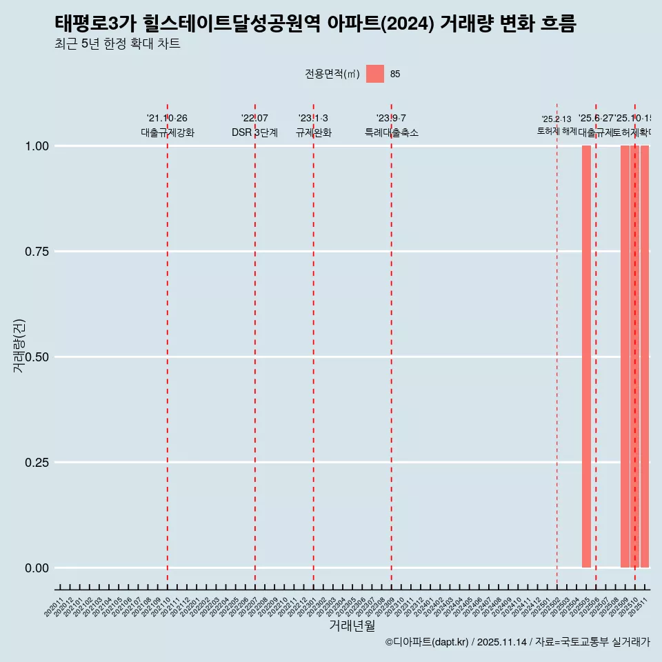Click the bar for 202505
(x=586, y=357)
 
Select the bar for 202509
(x=625, y=357)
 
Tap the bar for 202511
(x=645, y=357)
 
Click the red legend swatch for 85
(x=375, y=74)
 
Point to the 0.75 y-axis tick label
(x=36, y=252)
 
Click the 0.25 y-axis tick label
(x=36, y=463)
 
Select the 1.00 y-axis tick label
(x=36, y=146)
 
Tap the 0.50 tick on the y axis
(x=36, y=357)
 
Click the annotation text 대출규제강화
(x=168, y=132)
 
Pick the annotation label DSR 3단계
(x=254, y=132)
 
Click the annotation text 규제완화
(x=314, y=132)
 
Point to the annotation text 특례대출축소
(x=392, y=132)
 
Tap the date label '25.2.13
(x=556, y=119)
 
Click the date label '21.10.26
(x=168, y=119)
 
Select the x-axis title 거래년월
(x=352, y=625)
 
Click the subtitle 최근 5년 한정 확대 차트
(x=117, y=44)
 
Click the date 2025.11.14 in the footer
(x=501, y=642)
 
